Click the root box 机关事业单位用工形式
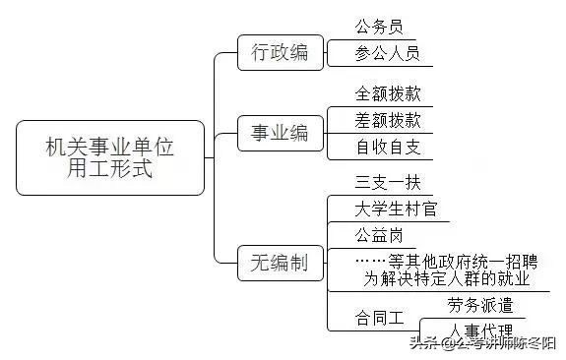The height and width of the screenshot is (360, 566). (110, 157)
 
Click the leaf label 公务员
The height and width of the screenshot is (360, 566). (379, 27)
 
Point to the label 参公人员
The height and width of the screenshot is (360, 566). (387, 53)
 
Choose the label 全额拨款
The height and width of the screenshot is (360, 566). (388, 95)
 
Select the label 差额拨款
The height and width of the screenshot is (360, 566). (388, 121)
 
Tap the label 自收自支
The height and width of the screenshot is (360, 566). (388, 148)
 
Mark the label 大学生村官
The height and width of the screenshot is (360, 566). (395, 209)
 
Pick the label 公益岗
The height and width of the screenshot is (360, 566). (379, 235)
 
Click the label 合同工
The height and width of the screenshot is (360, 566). (379, 319)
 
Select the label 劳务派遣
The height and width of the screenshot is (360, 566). (479, 305)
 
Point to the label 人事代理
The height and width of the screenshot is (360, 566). (479, 330)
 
